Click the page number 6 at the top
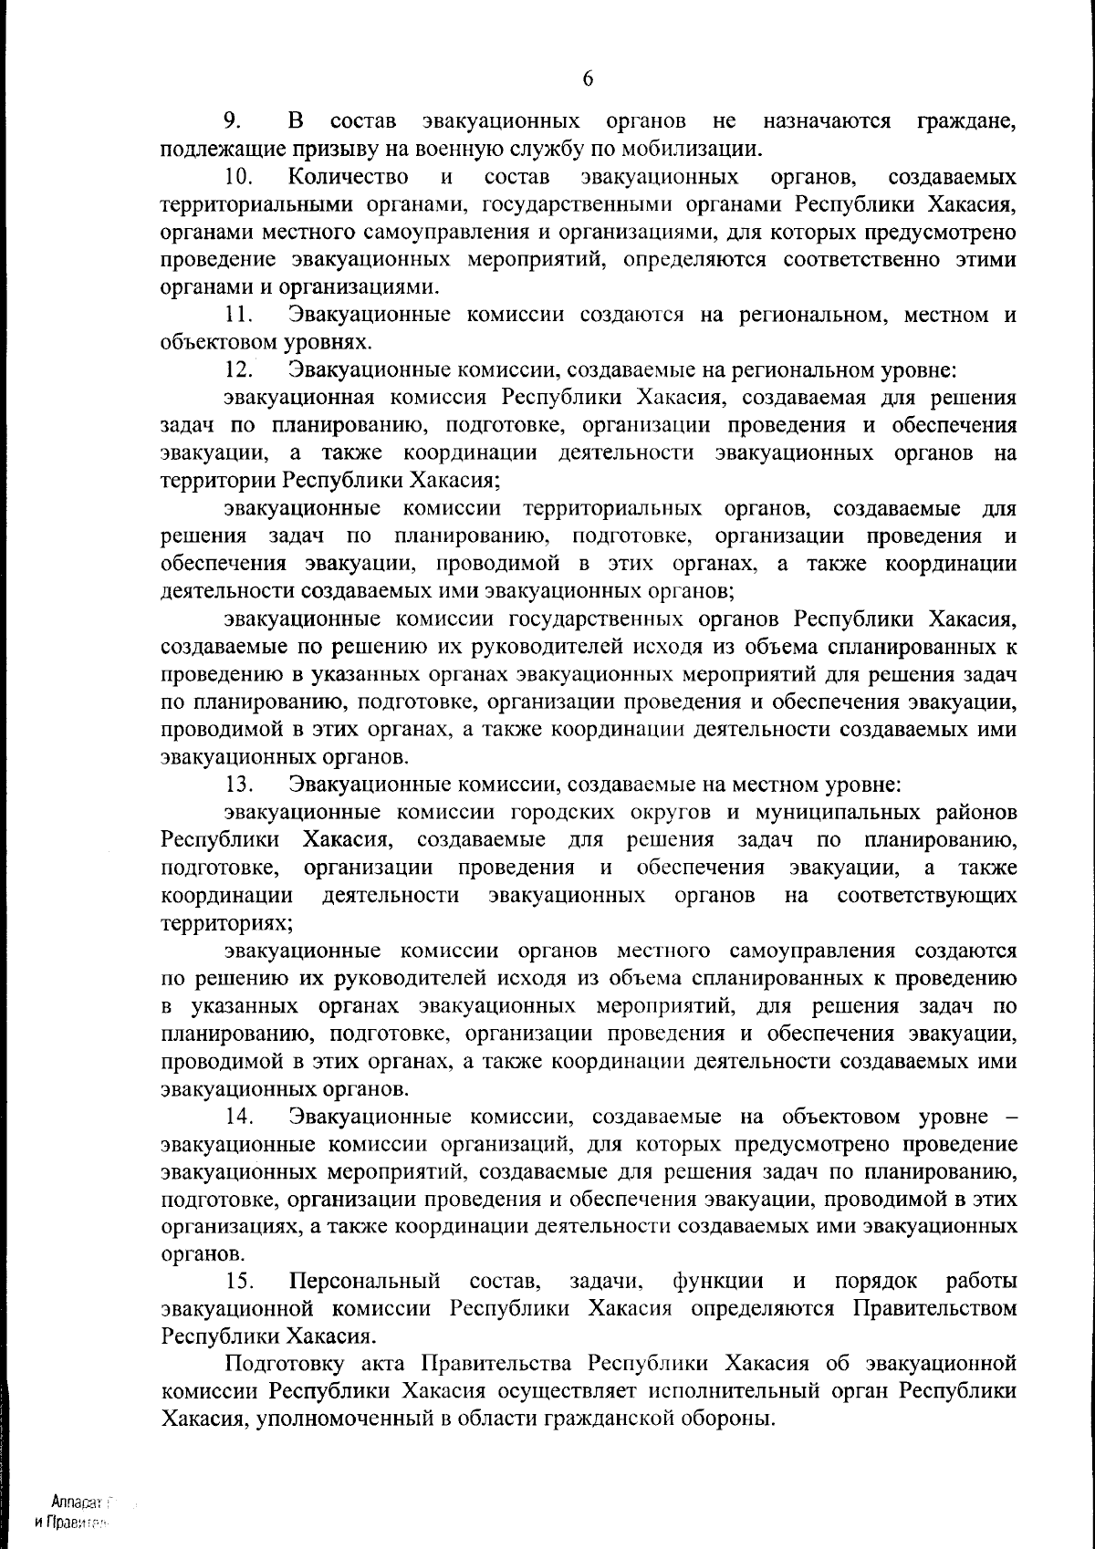587,79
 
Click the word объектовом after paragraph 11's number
215,343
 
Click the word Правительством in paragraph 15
934,1309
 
